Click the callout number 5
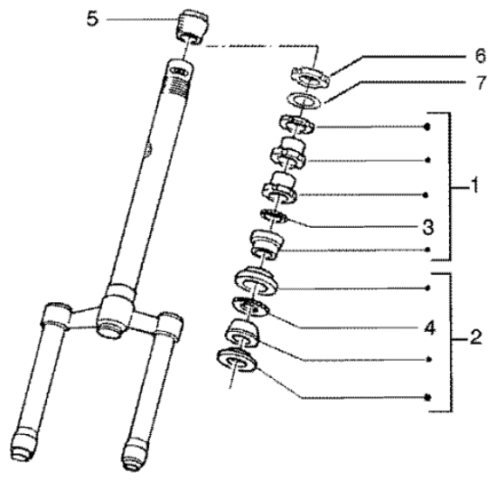(x=92, y=20)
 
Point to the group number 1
(x=474, y=185)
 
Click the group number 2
(x=475, y=337)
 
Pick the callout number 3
(x=428, y=227)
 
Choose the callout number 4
(x=430, y=328)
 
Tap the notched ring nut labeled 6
(x=310, y=76)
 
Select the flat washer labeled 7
(x=305, y=100)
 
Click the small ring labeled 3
(x=274, y=215)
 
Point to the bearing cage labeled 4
(x=250, y=307)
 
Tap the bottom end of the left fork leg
(x=23, y=447)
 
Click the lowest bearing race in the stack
(x=237, y=360)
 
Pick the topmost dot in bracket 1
(x=427, y=127)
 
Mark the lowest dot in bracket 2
(x=428, y=397)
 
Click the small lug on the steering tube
(x=148, y=149)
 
